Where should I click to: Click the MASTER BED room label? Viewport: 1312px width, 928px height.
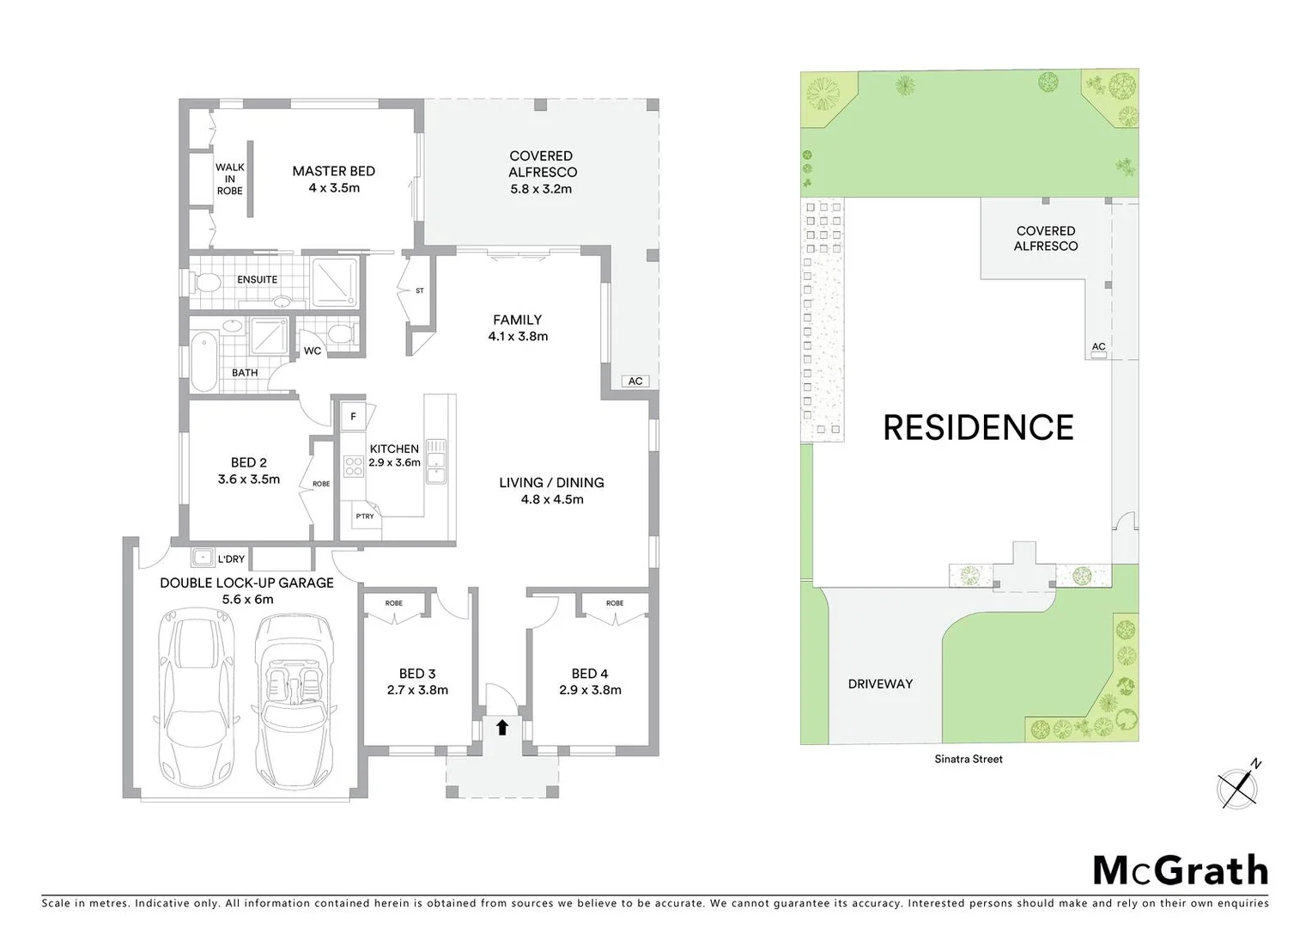pyautogui.click(x=333, y=171)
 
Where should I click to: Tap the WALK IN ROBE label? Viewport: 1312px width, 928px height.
pyautogui.click(x=229, y=179)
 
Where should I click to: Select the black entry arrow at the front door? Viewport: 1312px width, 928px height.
pyautogui.click(x=502, y=728)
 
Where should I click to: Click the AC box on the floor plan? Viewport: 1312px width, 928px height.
pyautogui.click(x=635, y=382)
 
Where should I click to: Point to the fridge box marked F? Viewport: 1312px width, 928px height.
pyautogui.click(x=353, y=418)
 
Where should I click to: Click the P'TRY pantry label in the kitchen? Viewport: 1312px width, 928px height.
pyautogui.click(x=365, y=516)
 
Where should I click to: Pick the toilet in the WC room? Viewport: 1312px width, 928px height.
pyautogui.click(x=340, y=335)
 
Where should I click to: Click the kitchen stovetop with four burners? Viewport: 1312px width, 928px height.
pyautogui.click(x=353, y=466)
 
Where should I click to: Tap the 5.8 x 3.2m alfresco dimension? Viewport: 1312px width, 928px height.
pyautogui.click(x=541, y=189)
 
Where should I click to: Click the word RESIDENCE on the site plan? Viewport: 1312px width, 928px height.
pyautogui.click(x=978, y=428)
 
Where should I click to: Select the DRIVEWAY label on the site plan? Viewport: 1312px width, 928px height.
pyautogui.click(x=880, y=684)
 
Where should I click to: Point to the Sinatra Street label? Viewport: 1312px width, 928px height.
pyautogui.click(x=969, y=759)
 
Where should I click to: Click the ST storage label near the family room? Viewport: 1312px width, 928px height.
pyautogui.click(x=420, y=291)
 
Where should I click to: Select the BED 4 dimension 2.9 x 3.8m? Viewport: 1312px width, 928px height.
pyautogui.click(x=590, y=690)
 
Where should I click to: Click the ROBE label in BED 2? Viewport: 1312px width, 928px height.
pyautogui.click(x=321, y=484)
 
